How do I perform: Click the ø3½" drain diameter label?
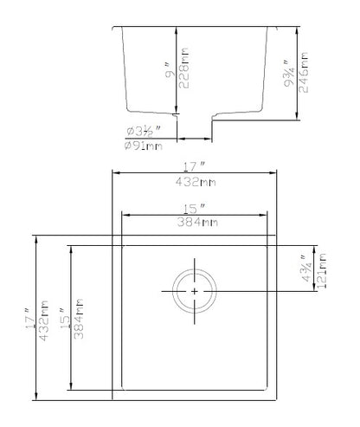tap(142, 132)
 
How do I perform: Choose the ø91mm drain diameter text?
tap(143, 146)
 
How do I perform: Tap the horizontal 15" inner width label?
tap(194, 209)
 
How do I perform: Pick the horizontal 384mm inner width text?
tap(194, 223)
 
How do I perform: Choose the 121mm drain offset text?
tap(322, 269)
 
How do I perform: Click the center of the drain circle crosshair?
tap(195, 292)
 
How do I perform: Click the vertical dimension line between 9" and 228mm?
tap(177, 69)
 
